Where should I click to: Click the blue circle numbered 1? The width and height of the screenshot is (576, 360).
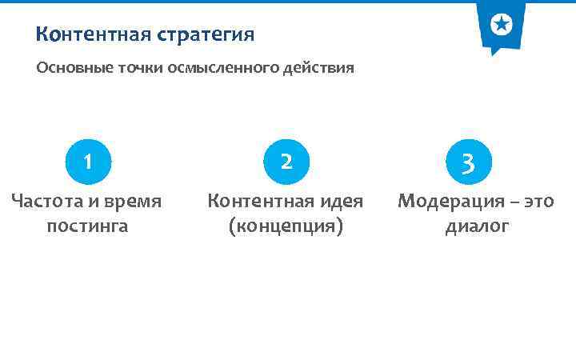coord(87,162)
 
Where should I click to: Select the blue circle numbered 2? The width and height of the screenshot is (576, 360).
coord(286,162)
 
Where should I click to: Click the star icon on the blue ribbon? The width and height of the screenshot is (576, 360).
coord(501,25)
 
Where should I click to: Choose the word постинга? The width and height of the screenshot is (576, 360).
coord(87,226)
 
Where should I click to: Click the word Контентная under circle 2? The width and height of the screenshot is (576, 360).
coord(255,202)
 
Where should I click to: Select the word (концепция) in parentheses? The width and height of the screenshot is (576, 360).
coord(286,226)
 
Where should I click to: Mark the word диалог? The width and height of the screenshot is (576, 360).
coord(477,226)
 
